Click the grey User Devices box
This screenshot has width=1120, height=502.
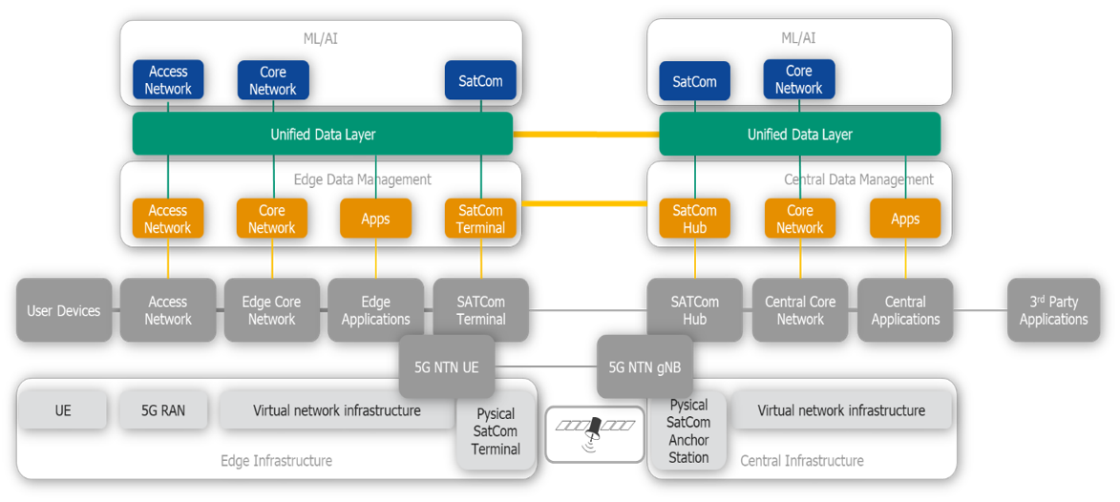click(64, 310)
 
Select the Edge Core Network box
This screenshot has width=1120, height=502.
click(271, 310)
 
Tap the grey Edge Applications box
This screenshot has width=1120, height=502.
click(375, 310)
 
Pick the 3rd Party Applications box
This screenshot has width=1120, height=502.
click(1053, 310)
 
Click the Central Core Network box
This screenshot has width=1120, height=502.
click(800, 310)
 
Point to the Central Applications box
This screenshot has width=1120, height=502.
click(905, 310)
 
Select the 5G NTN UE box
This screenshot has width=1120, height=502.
click(446, 366)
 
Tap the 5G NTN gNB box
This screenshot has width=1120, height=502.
click(645, 366)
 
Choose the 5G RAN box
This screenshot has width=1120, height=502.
click(163, 410)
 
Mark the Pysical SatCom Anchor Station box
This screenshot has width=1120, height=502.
click(688, 431)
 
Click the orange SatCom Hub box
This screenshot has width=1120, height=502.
click(694, 219)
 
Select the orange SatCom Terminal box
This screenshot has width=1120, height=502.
click(480, 219)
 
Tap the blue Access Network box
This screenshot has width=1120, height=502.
click(168, 80)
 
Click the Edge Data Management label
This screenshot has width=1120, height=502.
click(363, 179)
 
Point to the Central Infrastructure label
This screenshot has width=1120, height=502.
click(802, 461)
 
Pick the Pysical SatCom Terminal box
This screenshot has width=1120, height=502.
click(496, 431)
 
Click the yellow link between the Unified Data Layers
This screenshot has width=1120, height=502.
click(585, 135)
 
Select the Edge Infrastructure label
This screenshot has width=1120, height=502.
click(276, 461)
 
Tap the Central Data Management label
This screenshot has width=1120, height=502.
click(858, 179)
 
